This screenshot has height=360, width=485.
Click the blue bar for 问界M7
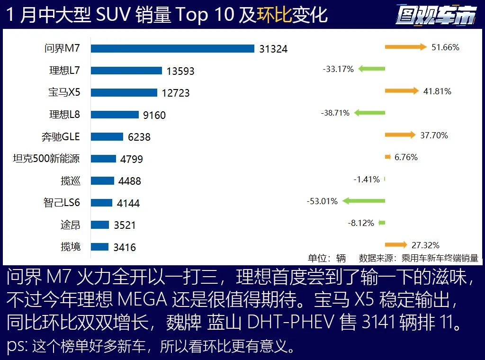[x=173, y=48]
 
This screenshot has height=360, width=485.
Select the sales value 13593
[x=180, y=71]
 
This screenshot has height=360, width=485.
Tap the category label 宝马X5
[x=64, y=92]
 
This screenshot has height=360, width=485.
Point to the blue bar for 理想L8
[x=115, y=114]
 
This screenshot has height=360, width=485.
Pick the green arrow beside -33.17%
[x=371, y=69]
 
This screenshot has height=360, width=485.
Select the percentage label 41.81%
[x=437, y=91]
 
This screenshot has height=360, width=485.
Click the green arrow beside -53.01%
[x=363, y=201]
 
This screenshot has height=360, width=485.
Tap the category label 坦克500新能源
[x=46, y=159]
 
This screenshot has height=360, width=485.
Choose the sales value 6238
[x=139, y=137]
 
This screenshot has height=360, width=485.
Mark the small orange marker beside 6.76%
[x=387, y=157]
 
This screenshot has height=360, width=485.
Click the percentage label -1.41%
[x=367, y=180]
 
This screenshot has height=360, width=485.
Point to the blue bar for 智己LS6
[x=101, y=203]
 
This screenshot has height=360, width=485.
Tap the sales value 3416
[x=125, y=247]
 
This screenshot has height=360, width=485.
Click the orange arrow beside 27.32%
[x=396, y=245]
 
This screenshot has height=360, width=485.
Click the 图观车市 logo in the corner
[x=436, y=16]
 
